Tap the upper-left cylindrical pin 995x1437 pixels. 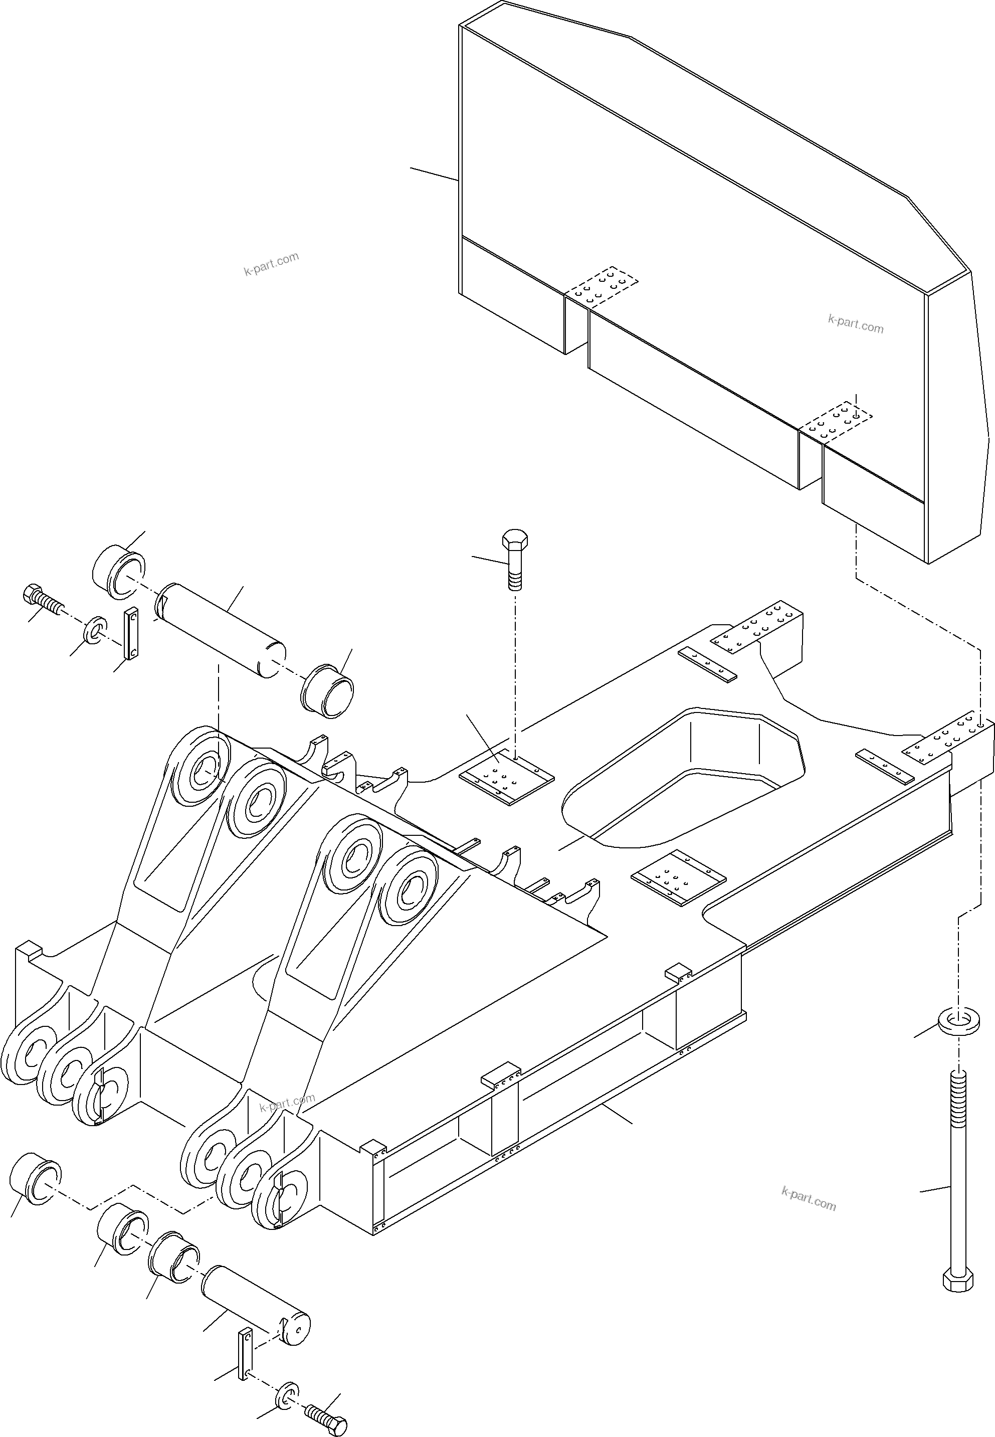(222, 630)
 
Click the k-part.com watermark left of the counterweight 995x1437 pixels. (271, 264)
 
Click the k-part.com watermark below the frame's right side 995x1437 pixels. (808, 1198)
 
